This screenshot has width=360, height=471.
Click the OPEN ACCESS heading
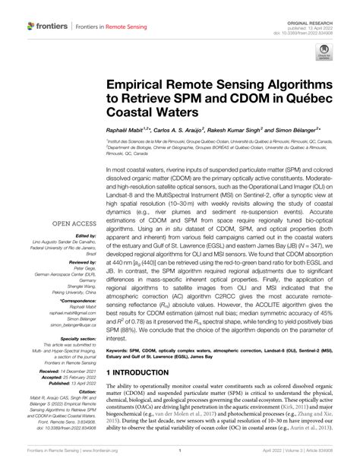pos(71,223)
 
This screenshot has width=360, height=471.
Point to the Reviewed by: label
pos(80,260)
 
